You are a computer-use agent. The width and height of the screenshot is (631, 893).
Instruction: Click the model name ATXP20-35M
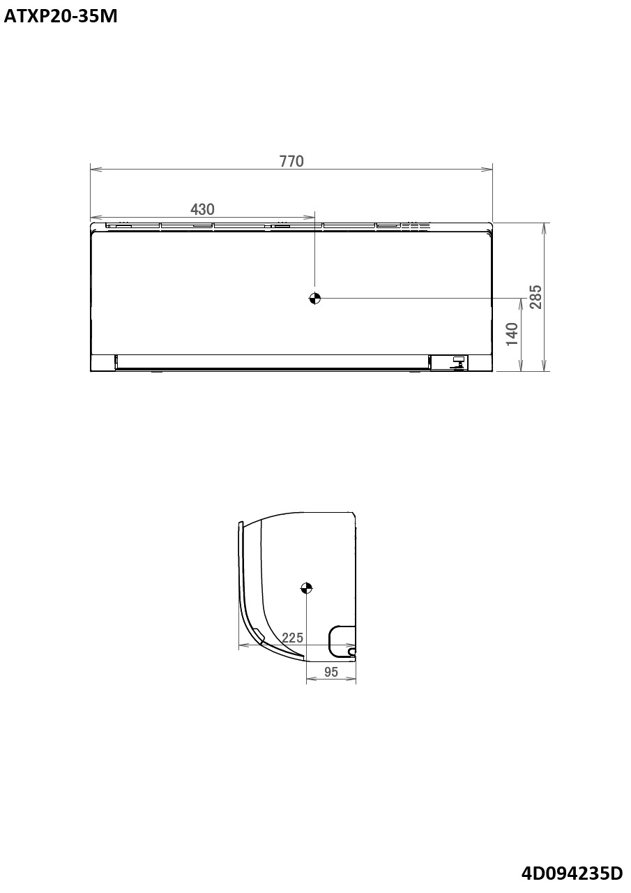pos(61,17)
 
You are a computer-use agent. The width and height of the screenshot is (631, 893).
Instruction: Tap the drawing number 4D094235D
pos(572,873)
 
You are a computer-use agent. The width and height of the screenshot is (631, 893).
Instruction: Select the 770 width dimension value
pos(291,161)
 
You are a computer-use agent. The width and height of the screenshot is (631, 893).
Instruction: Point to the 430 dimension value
pos(202,209)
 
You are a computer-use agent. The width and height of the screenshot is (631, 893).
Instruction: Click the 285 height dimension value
pos(535,297)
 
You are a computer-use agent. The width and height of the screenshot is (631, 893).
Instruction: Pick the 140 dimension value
pos(512,335)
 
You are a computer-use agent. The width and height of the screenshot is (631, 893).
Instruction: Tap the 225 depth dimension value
pos(292,638)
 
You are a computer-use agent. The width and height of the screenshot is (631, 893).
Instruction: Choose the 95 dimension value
pos(331,672)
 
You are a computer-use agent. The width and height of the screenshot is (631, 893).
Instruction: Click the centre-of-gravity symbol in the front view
pos(314,299)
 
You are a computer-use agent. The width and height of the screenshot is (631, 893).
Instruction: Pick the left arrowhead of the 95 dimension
pos(310,680)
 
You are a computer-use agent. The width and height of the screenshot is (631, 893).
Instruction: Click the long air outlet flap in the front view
pos(272,361)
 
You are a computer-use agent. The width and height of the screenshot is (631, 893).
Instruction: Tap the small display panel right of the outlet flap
pos(450,362)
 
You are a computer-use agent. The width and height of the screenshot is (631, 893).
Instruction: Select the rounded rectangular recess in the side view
pos(341,639)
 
